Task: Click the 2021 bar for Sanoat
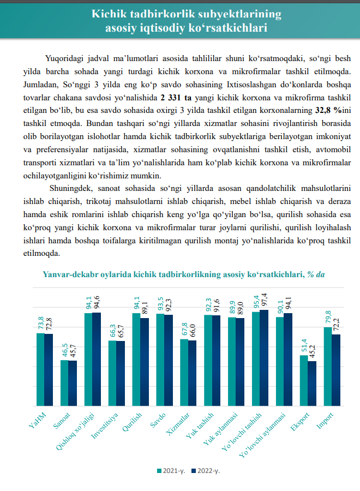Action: (x=64, y=383)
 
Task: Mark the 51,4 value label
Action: (x=304, y=345)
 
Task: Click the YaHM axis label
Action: (x=37, y=420)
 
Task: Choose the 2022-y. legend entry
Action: (x=206, y=470)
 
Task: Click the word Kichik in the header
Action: (x=110, y=13)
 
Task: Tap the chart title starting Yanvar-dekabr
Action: (x=183, y=274)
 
